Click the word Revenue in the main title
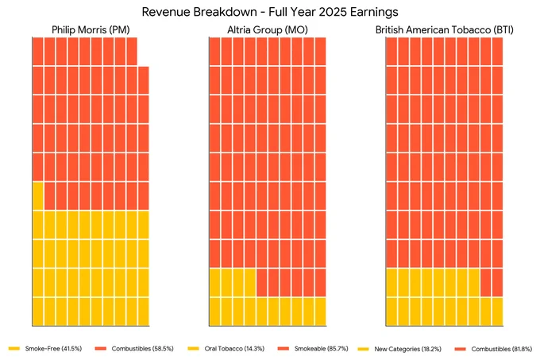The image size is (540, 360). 164,12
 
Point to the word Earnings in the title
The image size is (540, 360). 374,13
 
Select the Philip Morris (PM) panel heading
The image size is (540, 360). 91,30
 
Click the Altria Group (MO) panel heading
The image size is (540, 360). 268,30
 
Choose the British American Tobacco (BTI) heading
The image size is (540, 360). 444,30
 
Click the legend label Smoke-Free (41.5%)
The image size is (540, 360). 53,349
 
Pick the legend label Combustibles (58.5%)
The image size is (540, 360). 143,349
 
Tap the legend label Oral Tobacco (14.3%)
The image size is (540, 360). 234,349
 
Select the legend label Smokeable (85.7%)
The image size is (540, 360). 322,349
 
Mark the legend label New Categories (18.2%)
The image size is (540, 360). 407,349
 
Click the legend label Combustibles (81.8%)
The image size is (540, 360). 502,349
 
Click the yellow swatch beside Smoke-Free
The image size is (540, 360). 14,349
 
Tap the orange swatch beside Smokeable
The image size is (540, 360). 283,349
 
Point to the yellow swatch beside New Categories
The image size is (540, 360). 364,349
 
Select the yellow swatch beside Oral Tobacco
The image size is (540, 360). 194,349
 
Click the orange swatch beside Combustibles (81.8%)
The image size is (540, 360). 461,349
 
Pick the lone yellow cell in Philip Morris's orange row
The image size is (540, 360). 38,195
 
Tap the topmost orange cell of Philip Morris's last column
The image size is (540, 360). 144,80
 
